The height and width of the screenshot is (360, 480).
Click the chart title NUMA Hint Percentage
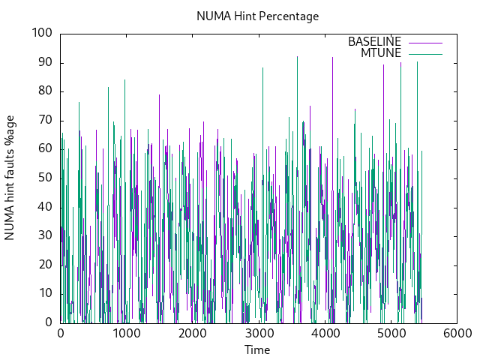257,16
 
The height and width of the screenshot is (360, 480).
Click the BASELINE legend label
374,41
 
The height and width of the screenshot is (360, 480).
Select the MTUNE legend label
381,52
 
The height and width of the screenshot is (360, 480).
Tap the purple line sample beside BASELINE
424,42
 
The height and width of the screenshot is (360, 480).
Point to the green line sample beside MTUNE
424,53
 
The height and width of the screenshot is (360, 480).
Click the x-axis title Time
257,349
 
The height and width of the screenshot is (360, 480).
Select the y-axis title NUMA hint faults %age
10,178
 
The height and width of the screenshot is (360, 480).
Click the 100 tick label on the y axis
41,33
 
